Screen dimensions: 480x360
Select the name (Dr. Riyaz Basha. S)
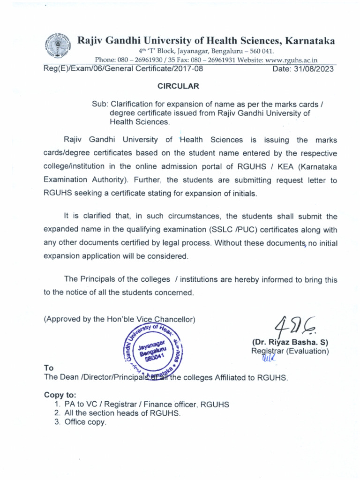[290, 342]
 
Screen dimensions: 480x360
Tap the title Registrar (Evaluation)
[290, 351]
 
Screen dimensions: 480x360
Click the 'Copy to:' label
[60, 395]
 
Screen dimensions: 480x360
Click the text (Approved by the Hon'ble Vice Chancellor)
[120, 319]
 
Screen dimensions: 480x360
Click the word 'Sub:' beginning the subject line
[99, 104]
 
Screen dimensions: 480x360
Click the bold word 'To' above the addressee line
[48, 368]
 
